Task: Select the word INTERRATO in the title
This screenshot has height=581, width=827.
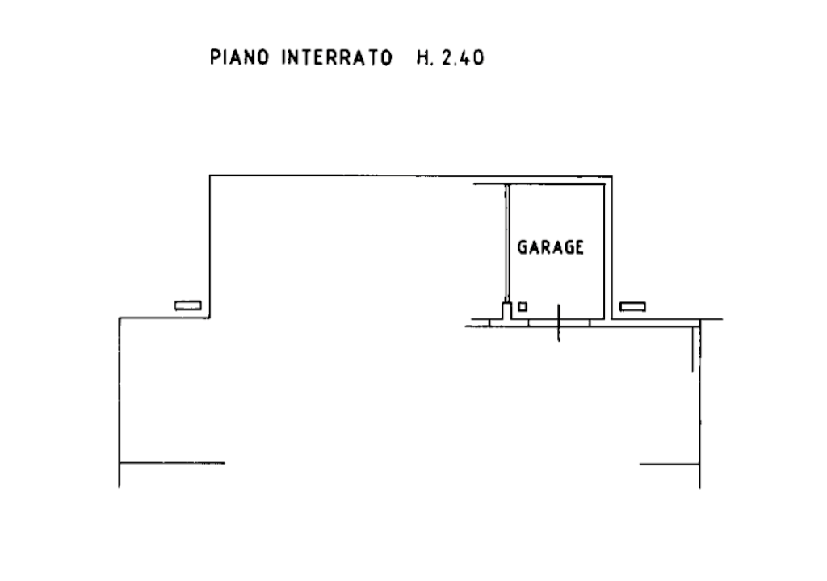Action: [337, 58]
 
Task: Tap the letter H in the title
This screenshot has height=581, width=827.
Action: [422, 58]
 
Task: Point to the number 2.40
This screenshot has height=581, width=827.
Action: [463, 58]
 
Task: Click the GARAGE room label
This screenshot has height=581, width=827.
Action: [551, 247]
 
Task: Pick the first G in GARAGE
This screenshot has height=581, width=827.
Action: [523, 247]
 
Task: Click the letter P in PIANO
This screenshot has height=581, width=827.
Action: [215, 58]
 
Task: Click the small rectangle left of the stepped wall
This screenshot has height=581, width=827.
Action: [188, 305]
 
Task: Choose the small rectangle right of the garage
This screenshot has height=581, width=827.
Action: [633, 306]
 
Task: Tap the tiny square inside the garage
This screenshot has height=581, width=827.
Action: [523, 306]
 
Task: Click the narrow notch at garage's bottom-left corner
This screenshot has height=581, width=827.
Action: [506, 312]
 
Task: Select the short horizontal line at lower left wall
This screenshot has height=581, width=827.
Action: [173, 464]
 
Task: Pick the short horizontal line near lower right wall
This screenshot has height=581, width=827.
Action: [669, 464]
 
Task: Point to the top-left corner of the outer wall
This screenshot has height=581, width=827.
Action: [210, 176]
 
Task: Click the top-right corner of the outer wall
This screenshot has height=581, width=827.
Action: [612, 176]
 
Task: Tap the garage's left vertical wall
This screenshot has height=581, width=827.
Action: [506, 242]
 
